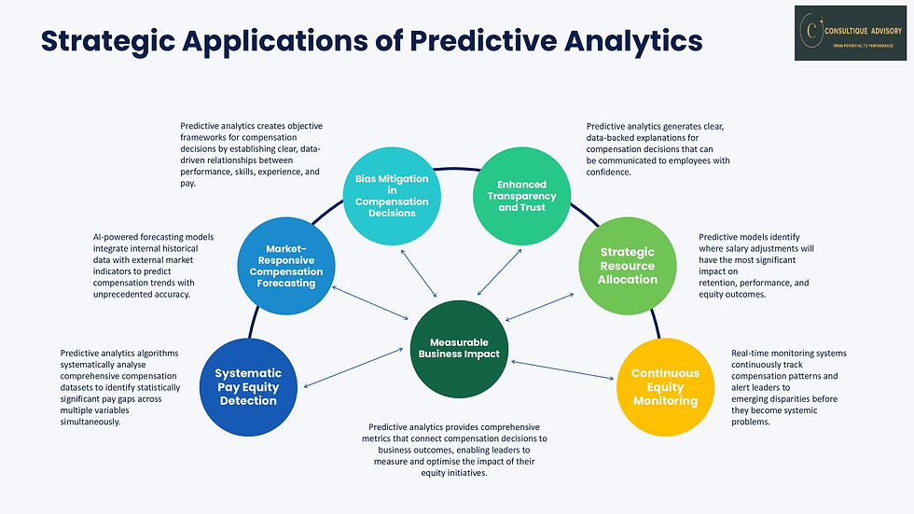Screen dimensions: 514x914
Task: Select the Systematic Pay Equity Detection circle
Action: (248, 386)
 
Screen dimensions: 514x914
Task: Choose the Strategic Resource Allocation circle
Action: (628, 265)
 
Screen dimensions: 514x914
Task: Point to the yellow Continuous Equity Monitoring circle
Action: (665, 386)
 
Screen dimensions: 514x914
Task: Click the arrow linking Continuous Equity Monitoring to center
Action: (562, 370)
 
